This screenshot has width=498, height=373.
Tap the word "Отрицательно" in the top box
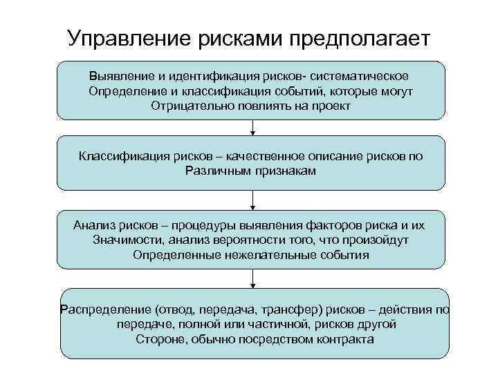pyautogui.click(x=184, y=107)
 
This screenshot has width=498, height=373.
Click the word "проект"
pyautogui.click(x=331, y=107)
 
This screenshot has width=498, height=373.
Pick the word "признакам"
pyautogui.click(x=284, y=171)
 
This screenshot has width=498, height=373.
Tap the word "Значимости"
pyautogui.click(x=122, y=240)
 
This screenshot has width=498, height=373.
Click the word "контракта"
pyautogui.click(x=343, y=339)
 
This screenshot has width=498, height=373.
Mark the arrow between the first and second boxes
pyautogui.click(x=253, y=128)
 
